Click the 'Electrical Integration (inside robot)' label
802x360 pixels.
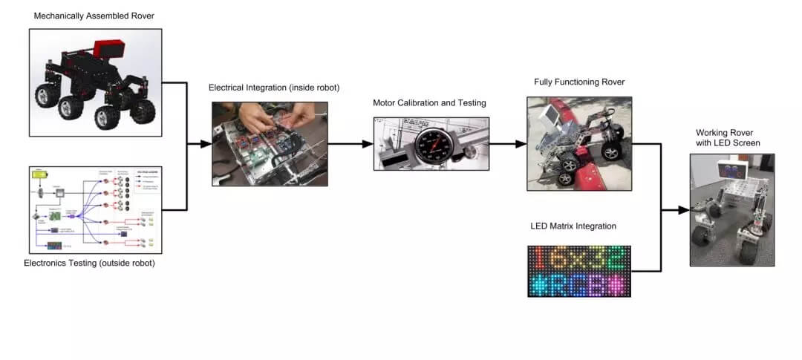(274, 88)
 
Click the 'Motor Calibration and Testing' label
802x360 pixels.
(429, 102)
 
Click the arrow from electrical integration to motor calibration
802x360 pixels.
(349, 144)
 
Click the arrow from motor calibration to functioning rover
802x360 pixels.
(505, 144)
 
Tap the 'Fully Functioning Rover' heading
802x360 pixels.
(579, 82)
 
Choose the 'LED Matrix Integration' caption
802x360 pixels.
(573, 226)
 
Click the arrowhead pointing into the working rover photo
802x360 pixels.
(685, 211)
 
